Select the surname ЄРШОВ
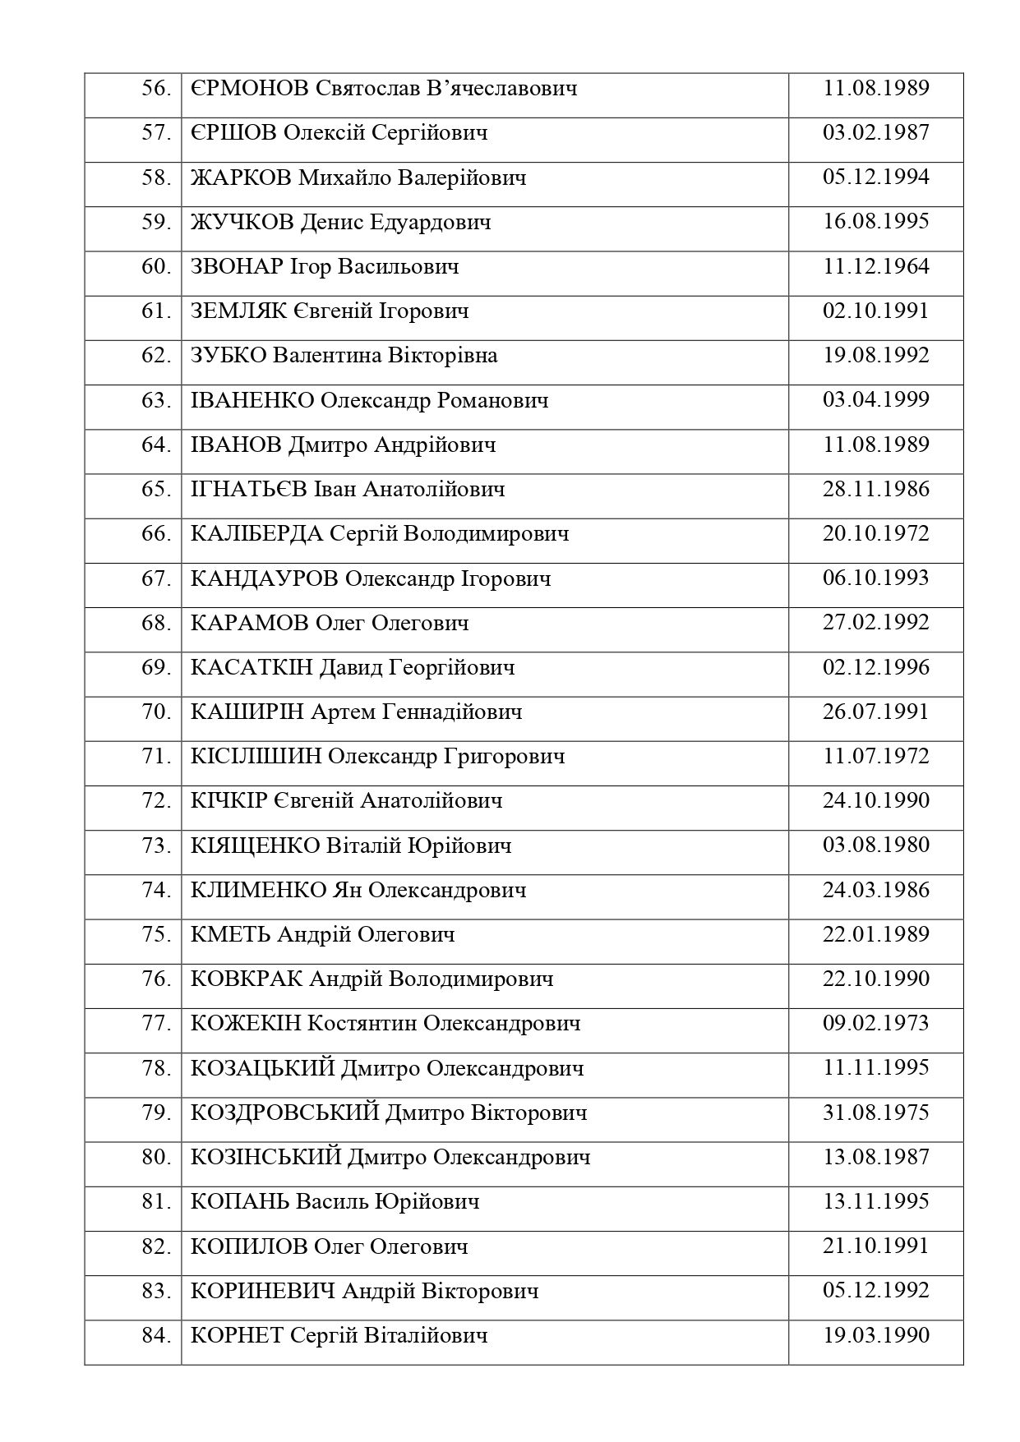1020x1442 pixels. [x=233, y=133]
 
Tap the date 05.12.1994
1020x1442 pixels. [x=875, y=177]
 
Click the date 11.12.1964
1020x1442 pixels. [x=875, y=267]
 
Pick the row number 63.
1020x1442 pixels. [x=155, y=401]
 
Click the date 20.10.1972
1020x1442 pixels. [x=875, y=534]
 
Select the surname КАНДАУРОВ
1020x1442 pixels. [x=264, y=578]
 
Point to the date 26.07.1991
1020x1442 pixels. [x=875, y=712]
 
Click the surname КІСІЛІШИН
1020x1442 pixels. [x=256, y=757]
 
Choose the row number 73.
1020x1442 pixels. [x=155, y=845]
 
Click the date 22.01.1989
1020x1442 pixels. [x=875, y=934]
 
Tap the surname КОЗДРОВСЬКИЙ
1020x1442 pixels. [x=284, y=1113]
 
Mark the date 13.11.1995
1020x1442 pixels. [x=875, y=1202]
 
